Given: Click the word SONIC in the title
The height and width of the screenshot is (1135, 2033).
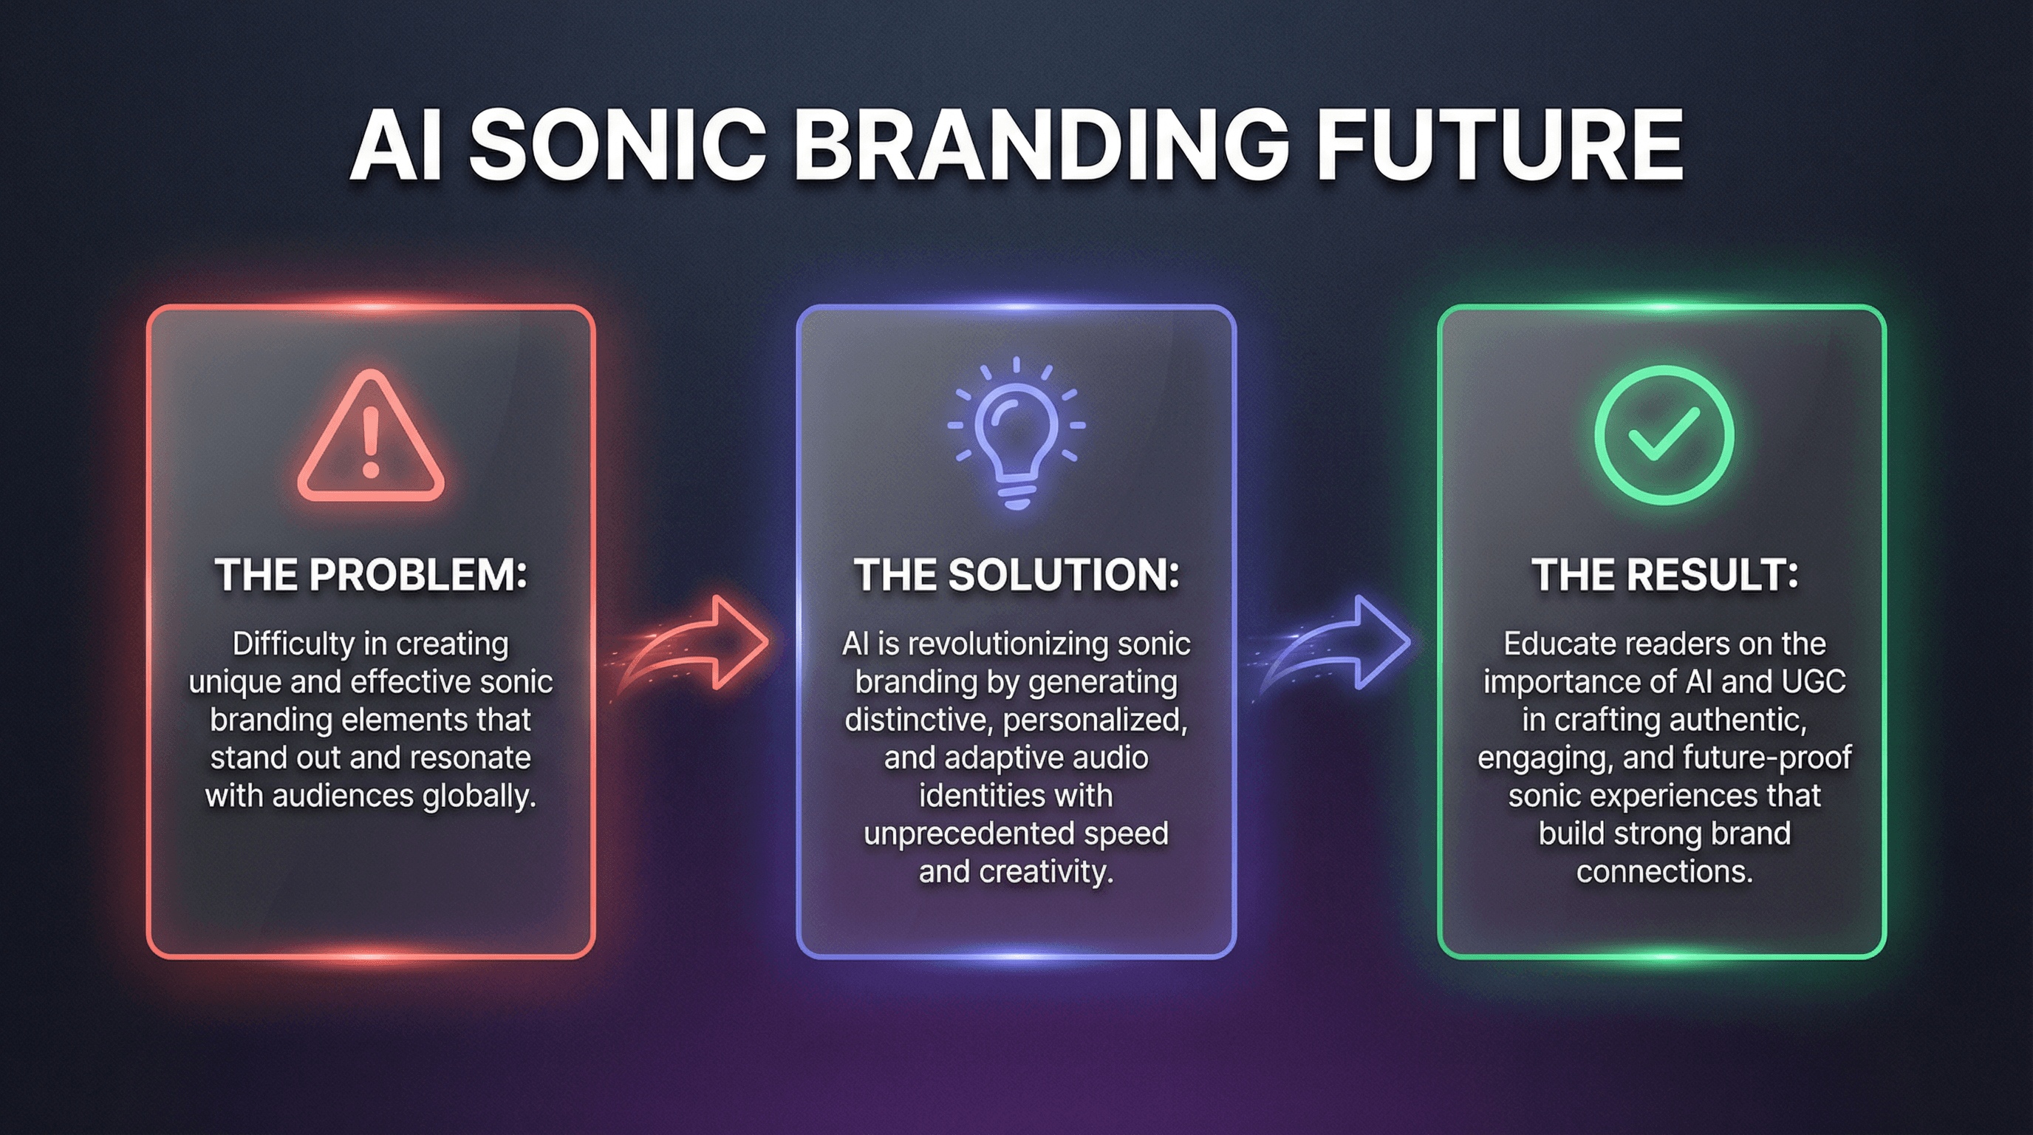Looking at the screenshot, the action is (x=618, y=146).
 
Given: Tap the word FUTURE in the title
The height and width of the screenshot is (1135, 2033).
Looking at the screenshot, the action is (x=1501, y=146).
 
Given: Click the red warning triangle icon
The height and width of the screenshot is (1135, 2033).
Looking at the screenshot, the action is (x=371, y=435).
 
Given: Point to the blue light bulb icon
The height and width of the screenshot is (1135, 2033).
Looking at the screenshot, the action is (x=1016, y=433).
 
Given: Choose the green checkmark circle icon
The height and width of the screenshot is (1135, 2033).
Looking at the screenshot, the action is (x=1664, y=435).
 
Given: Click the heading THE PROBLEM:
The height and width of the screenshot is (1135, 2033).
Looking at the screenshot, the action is (x=371, y=575).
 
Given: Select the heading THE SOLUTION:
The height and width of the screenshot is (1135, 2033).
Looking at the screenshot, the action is (x=1016, y=575).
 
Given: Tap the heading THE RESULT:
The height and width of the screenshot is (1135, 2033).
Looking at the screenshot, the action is (x=1664, y=575).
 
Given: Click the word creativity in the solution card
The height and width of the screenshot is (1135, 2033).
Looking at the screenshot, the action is (x=1047, y=872).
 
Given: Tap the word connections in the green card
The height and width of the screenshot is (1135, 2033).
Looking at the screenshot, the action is (x=1664, y=872).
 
